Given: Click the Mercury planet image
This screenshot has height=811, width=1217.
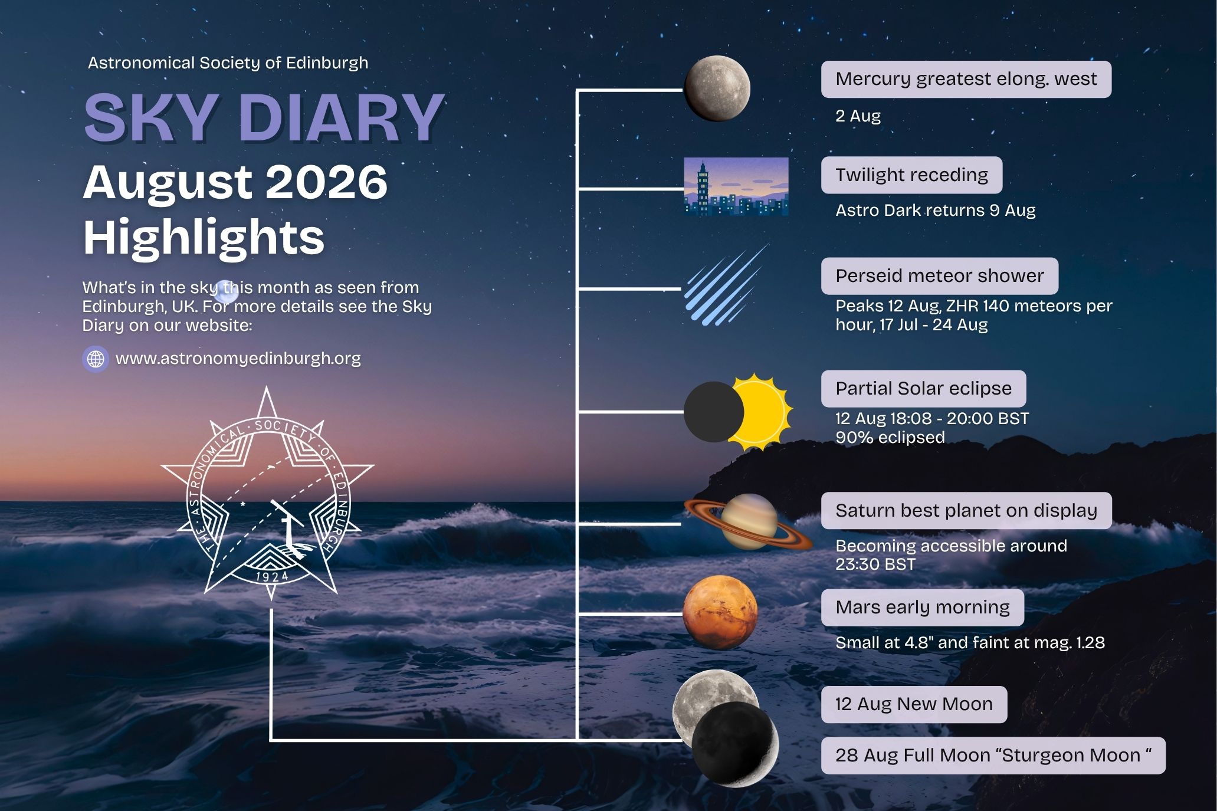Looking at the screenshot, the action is [x=717, y=88].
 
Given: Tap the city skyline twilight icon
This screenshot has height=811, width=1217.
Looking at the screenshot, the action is [x=736, y=186].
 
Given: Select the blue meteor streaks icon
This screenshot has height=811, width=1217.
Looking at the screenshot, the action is [x=727, y=284].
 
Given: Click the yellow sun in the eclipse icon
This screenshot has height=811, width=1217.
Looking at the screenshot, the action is [x=760, y=412].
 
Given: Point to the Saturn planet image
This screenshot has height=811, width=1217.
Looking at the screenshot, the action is [x=748, y=522].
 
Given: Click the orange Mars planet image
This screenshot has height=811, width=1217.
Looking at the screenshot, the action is [x=720, y=613].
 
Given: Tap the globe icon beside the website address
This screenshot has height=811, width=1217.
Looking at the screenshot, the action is [x=96, y=359].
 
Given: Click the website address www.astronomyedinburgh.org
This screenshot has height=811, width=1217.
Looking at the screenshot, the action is [x=238, y=359].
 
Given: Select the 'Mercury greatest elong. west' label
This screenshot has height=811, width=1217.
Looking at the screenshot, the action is [x=966, y=79].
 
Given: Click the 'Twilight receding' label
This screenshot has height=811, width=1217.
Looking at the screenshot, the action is [x=911, y=175].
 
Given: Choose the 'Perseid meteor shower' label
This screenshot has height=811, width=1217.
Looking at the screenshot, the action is [x=940, y=275].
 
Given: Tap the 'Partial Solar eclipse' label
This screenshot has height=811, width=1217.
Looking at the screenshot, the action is [x=923, y=388].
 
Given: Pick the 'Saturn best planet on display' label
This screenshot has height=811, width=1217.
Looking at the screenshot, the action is [x=966, y=510].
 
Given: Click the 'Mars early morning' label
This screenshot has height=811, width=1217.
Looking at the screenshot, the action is [x=923, y=607].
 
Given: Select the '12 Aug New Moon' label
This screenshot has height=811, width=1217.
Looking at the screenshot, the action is [x=914, y=704].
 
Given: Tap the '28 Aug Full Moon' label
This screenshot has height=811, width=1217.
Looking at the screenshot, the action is [x=993, y=755].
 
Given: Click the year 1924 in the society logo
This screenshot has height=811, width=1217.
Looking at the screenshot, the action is [x=272, y=576].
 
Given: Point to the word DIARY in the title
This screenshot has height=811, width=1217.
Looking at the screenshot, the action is [x=341, y=117].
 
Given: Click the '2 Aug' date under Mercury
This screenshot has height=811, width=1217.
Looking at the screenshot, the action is [x=858, y=116].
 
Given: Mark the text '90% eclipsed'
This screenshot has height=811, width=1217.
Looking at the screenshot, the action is [x=890, y=437].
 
